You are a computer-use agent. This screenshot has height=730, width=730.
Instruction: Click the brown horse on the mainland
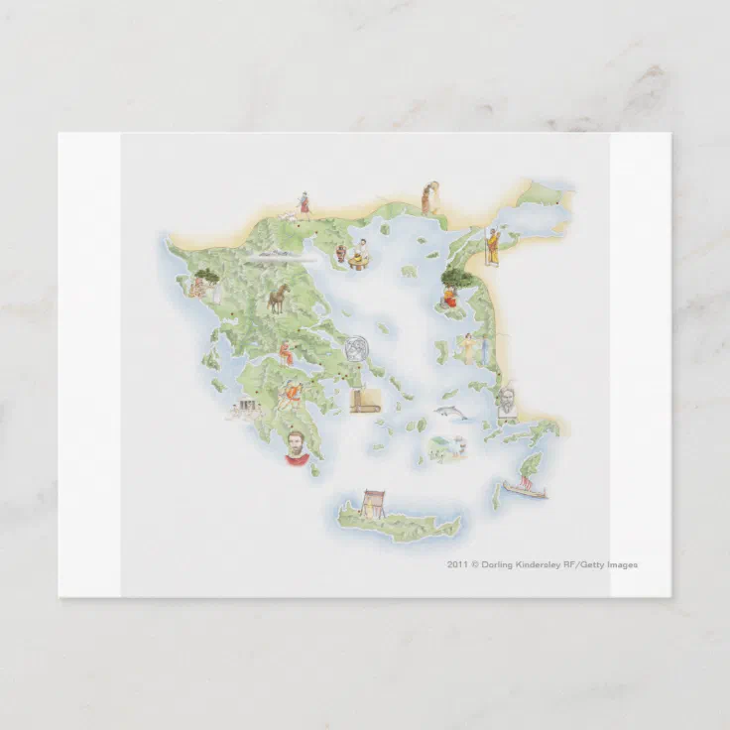[x=277, y=298]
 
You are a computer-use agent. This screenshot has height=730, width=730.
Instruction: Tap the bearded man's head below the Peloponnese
[x=296, y=447]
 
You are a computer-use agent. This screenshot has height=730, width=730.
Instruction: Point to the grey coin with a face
[x=356, y=349]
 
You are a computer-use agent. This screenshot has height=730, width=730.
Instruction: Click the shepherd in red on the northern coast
[x=304, y=205]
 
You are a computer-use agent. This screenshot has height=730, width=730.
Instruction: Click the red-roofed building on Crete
[x=374, y=502]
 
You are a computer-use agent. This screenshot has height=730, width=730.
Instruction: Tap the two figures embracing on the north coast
[x=428, y=197]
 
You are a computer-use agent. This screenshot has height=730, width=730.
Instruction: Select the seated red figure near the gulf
[x=286, y=352]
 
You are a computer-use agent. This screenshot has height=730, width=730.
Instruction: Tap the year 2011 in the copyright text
[x=457, y=564]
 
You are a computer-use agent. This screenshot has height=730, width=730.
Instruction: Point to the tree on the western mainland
[x=206, y=277]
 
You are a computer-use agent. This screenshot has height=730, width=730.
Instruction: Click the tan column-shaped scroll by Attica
[x=363, y=403]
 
